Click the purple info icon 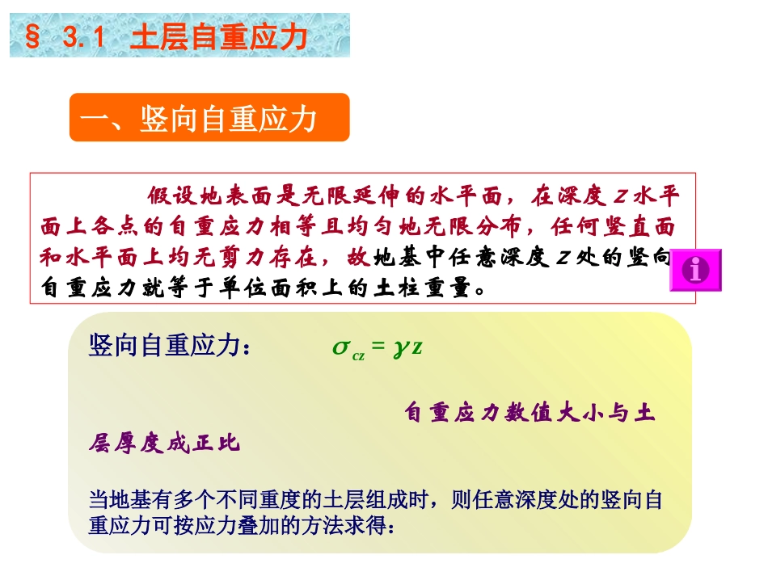pos(695,269)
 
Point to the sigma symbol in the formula pos(340,347)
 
